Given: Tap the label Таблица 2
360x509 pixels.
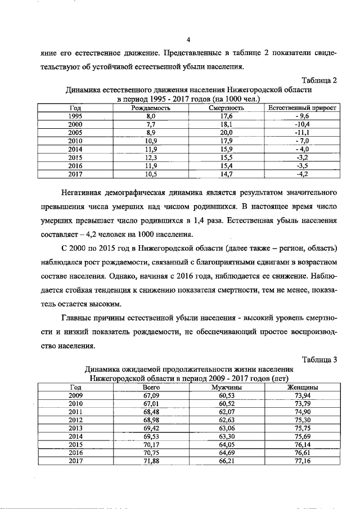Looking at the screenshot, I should click(x=319, y=80).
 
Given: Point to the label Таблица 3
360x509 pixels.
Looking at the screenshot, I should click(x=319, y=360).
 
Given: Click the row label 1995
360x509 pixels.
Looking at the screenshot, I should click(x=75, y=115).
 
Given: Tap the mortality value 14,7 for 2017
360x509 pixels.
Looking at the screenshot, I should click(x=226, y=174).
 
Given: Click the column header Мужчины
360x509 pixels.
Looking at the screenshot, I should click(x=226, y=387).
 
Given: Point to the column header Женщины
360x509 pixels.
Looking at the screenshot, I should click(x=303, y=387).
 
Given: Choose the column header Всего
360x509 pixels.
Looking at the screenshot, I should click(x=151, y=387).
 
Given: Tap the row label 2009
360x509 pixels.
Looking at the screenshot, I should click(x=75, y=395).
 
